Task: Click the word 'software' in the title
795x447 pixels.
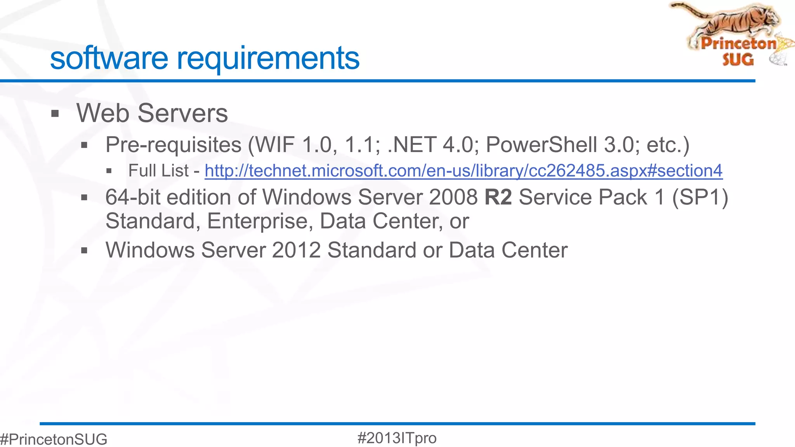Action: tap(109, 58)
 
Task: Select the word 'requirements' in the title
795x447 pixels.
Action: tap(268, 59)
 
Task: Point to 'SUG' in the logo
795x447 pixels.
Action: tap(738, 60)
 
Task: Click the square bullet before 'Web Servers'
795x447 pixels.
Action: tap(55, 114)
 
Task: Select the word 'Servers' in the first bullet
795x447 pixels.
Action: tap(182, 113)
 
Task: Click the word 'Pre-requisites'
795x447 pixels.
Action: tap(174, 145)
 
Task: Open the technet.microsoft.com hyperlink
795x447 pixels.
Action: tap(463, 171)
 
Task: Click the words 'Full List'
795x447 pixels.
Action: tap(158, 171)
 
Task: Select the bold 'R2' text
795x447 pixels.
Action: tap(498, 197)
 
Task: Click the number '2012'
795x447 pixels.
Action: tap(296, 250)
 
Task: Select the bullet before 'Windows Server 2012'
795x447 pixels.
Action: tap(84, 251)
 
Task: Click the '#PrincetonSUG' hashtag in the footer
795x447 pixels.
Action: tap(54, 439)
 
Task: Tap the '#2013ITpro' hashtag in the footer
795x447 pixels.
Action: tap(397, 438)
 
